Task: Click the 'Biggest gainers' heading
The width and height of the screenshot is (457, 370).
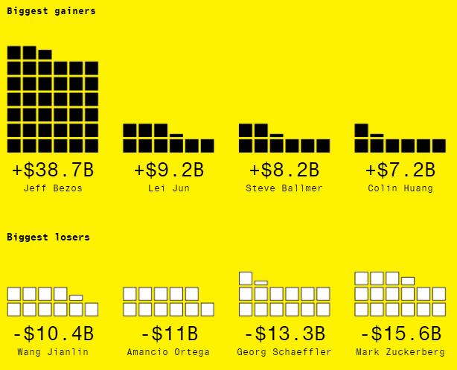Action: pyautogui.click(x=51, y=11)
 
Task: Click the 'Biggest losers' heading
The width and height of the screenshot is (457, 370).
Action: pyautogui.click(x=48, y=237)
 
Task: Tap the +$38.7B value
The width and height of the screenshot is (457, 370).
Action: pyautogui.click(x=53, y=170)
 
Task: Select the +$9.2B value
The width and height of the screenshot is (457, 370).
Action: pyautogui.click(x=168, y=170)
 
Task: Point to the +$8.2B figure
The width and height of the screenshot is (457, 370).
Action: pyautogui.click(x=284, y=170)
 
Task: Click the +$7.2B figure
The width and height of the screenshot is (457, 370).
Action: pyautogui.click(x=400, y=170)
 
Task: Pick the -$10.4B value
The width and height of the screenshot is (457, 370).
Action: pyautogui.click(x=53, y=334)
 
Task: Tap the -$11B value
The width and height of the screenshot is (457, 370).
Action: pyautogui.click(x=168, y=334)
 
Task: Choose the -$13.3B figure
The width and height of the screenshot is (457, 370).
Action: pyautogui.click(x=284, y=334)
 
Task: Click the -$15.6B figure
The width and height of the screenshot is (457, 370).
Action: pyautogui.click(x=400, y=334)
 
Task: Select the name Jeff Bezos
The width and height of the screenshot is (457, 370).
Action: pyautogui.click(x=53, y=188)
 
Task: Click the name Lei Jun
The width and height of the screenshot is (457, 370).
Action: pyautogui.click(x=168, y=188)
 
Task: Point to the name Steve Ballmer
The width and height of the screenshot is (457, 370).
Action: pyautogui.click(x=284, y=188)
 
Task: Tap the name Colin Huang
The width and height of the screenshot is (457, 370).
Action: pyautogui.click(x=400, y=188)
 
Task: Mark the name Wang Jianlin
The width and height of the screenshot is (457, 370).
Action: pyautogui.click(x=53, y=352)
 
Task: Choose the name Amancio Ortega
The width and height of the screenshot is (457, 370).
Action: pyautogui.click(x=168, y=352)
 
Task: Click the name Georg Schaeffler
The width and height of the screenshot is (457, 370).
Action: pyautogui.click(x=284, y=352)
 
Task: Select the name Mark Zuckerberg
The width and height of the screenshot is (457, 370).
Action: pyautogui.click(x=400, y=352)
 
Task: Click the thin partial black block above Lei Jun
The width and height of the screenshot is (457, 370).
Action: pyautogui.click(x=176, y=135)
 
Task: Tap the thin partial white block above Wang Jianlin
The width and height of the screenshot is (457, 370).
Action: pyautogui.click(x=76, y=298)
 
